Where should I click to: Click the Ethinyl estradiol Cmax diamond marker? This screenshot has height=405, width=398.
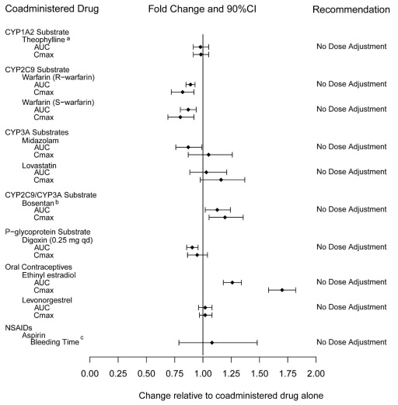[282, 290]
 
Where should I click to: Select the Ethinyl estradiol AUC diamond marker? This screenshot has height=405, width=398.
[232, 282]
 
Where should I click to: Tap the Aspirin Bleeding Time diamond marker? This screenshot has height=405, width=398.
[212, 343]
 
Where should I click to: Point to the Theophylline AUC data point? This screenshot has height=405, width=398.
[201, 47]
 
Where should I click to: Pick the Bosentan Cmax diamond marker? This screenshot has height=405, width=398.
[225, 218]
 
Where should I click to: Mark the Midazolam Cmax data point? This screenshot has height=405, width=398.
[208, 155]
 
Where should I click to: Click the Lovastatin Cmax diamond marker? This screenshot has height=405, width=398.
[221, 180]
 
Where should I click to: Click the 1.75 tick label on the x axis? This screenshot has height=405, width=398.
[288, 374]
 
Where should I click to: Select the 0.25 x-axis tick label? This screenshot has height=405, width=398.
[118, 374]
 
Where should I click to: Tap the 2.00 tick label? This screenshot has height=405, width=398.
[316, 374]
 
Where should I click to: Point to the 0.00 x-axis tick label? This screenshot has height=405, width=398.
[90, 374]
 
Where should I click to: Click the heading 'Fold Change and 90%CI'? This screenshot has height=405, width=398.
[202, 9]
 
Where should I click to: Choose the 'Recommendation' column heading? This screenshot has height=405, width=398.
[351, 9]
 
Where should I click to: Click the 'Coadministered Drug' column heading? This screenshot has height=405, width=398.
[52, 9]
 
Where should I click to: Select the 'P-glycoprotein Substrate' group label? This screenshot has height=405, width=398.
[47, 232]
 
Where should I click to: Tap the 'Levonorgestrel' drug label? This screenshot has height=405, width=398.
[47, 300]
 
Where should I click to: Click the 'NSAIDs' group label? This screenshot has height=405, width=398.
[19, 328]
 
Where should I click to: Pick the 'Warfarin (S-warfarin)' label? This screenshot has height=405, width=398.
[58, 103]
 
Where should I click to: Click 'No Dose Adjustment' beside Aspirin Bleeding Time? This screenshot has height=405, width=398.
[351, 342]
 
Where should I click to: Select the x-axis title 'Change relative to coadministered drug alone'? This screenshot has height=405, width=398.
[231, 396]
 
